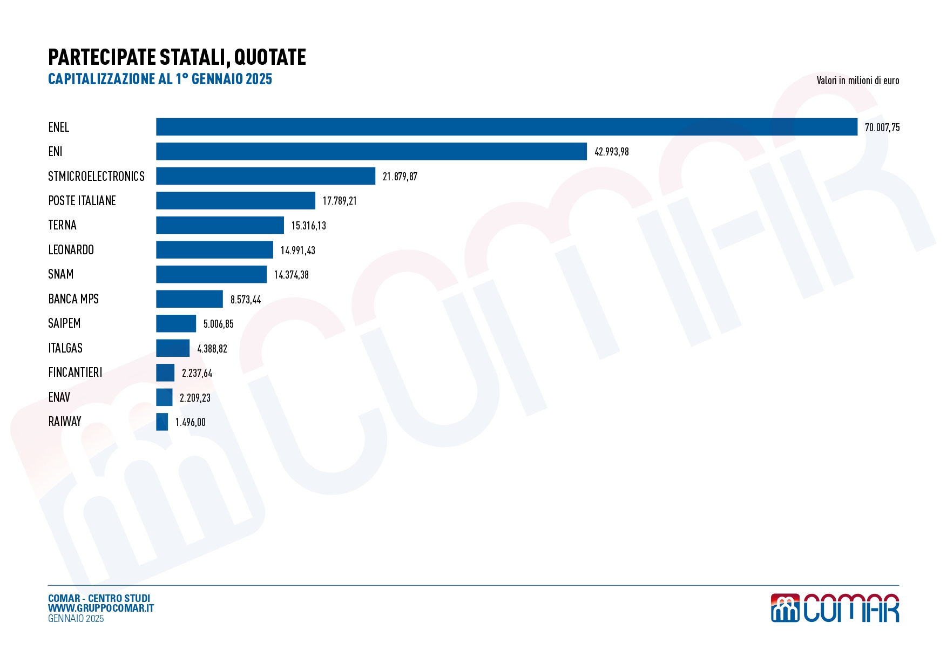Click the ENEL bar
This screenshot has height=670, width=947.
506,127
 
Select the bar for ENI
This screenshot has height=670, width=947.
371,152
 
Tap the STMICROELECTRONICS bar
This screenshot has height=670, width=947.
266,176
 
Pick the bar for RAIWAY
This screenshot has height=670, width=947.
162,422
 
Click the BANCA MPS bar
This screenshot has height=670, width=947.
190,299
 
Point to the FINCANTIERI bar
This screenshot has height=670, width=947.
165,373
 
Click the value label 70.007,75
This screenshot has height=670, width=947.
882,127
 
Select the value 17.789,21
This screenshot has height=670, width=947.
340,201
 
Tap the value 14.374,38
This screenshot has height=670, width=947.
292,275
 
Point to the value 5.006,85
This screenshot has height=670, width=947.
219,324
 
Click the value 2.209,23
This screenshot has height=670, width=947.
195,398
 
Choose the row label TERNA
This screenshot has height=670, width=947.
63,225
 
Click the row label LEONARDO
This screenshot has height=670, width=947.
71,250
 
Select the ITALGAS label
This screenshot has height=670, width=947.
65,348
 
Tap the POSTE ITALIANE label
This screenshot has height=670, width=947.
82,201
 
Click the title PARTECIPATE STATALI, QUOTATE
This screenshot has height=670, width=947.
177,57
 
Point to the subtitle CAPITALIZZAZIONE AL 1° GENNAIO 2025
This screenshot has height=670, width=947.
160,79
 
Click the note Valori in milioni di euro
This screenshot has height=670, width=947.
857,81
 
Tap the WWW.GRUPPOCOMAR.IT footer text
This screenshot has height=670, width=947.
101,608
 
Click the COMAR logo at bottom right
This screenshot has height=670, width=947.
835,608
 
